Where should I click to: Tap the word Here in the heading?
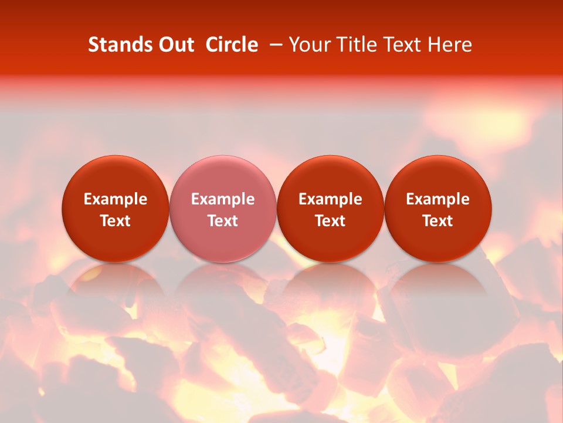coord(450,45)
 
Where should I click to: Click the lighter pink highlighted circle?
coord(223,176)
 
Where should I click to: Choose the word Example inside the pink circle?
coord(223,199)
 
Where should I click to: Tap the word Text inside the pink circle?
coord(223,221)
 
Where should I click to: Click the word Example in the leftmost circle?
coord(116,199)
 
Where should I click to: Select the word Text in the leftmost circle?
coord(116,221)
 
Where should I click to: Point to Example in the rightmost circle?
coord(437,199)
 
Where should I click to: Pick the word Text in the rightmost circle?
coord(437,221)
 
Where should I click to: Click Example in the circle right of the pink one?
coord(330,199)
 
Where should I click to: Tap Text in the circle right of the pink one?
coord(330,221)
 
